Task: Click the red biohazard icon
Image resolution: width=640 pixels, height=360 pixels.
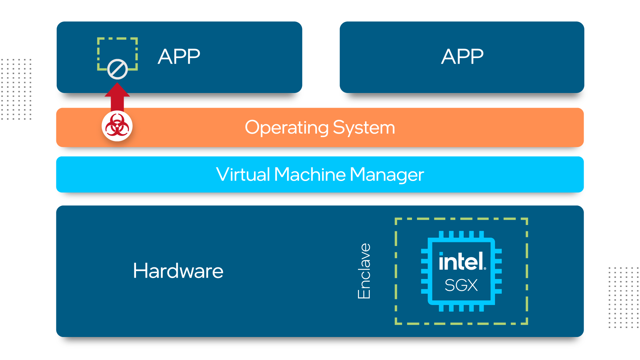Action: [x=117, y=126]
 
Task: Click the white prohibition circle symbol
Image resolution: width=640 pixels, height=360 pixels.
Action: [x=117, y=69]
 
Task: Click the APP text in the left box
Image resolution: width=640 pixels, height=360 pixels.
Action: [x=179, y=56]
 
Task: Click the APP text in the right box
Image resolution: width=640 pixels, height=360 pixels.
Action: [x=462, y=56]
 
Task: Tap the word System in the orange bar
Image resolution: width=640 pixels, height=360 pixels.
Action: [x=364, y=127]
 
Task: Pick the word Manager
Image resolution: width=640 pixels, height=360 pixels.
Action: [x=387, y=175]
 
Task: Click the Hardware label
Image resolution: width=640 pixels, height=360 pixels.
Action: [x=178, y=271]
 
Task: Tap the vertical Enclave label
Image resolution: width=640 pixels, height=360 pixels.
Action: [x=364, y=271]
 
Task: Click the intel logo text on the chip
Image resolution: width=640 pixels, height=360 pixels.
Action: [x=461, y=261]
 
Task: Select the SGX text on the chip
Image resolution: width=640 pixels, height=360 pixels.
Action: [x=461, y=285]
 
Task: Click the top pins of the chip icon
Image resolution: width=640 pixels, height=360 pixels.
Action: [x=461, y=234]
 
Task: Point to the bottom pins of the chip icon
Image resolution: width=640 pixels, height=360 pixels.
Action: [x=461, y=308]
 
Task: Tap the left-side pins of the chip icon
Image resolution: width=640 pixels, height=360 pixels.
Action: [x=424, y=271]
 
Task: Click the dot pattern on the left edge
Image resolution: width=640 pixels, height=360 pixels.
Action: [x=16, y=89]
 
